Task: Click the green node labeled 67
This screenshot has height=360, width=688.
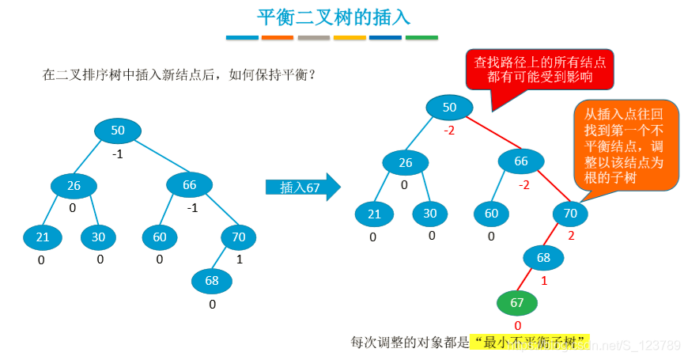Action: (516, 304)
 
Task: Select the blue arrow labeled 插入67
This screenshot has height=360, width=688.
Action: (302, 188)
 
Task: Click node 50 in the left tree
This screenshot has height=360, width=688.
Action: (117, 131)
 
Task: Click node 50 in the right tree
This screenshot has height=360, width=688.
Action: (449, 107)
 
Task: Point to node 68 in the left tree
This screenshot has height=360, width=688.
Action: (211, 280)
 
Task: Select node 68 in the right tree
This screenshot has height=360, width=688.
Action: (543, 258)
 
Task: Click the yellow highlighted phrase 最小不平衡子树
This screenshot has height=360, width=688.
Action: (531, 342)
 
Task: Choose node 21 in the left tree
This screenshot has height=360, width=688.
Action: (43, 237)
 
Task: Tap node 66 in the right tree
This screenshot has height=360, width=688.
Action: (521, 162)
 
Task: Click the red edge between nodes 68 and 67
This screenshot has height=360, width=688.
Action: (531, 280)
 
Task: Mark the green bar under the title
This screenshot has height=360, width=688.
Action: (421, 37)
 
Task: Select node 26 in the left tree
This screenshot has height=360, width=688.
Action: (74, 186)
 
